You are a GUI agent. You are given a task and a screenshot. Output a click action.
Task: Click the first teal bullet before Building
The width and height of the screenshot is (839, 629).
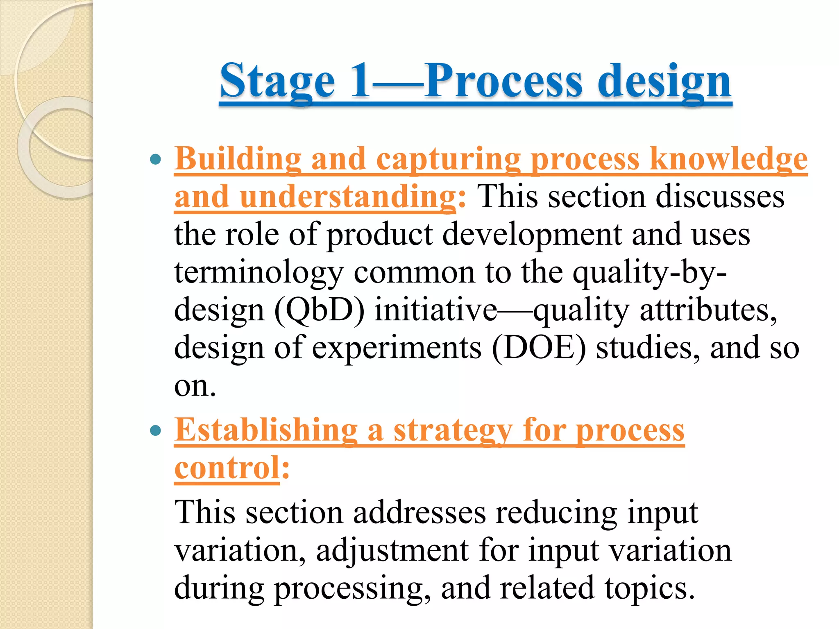155,159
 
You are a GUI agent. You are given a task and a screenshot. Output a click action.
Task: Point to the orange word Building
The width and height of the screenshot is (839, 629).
238,159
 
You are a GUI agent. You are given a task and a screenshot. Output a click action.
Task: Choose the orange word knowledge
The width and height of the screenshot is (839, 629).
728,159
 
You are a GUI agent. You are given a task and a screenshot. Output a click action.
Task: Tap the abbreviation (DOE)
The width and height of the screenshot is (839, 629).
539,348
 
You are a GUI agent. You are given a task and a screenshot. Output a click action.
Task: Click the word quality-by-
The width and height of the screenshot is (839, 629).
650,272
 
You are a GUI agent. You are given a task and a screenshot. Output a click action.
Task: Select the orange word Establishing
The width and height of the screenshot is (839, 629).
266,430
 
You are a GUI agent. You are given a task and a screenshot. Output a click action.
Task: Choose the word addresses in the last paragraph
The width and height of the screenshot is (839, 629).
419,512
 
